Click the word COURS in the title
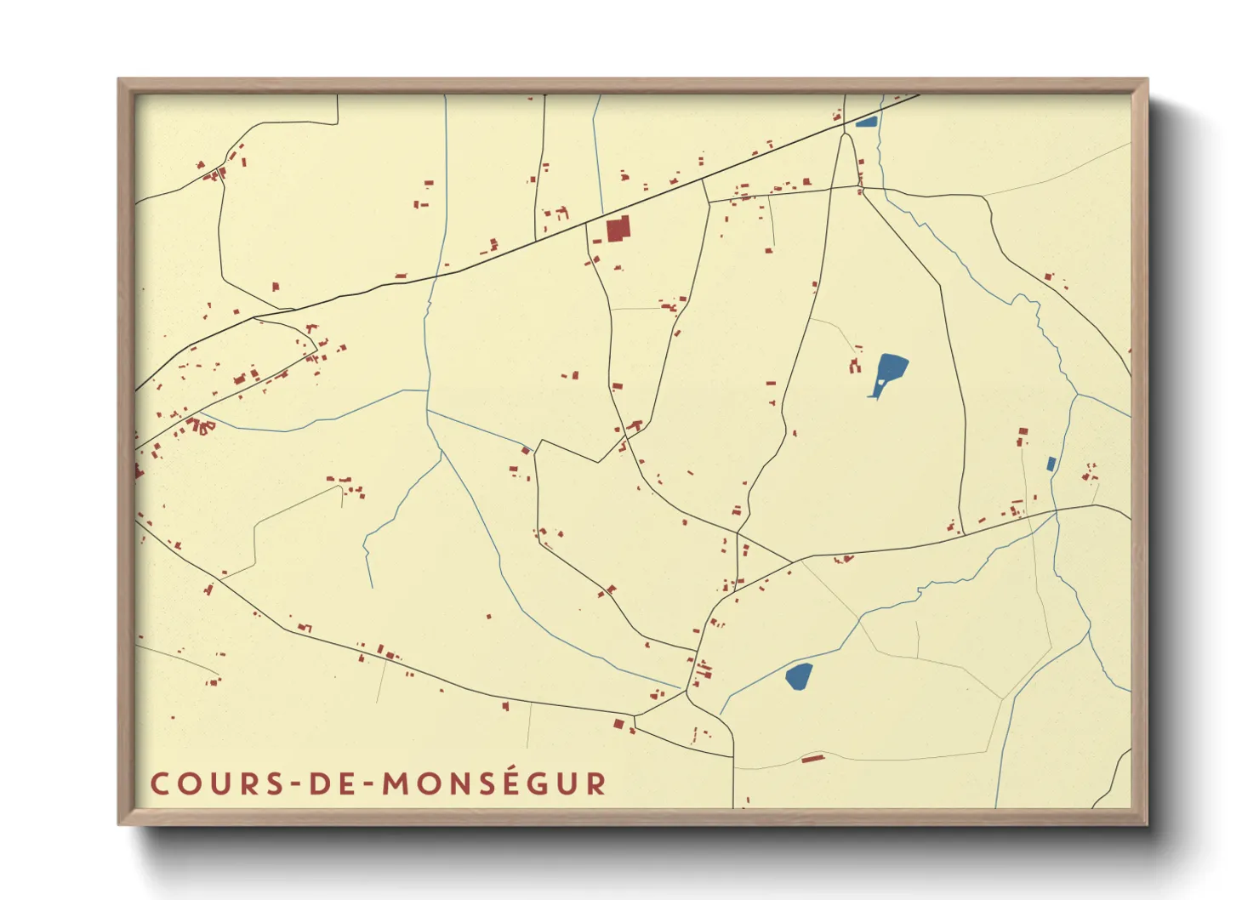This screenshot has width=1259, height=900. click(209, 784)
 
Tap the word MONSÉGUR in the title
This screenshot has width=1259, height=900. click(494, 784)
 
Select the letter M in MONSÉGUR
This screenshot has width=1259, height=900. click(396, 784)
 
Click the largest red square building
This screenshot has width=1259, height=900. click(618, 229)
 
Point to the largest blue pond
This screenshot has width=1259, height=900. click(890, 373)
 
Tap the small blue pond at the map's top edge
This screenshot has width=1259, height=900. click(866, 122)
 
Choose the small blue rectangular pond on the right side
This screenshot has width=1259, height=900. click(1051, 464)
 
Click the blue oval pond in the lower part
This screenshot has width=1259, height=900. click(799, 677)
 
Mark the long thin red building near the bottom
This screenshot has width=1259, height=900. click(813, 758)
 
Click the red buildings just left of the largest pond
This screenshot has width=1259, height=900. click(855, 366)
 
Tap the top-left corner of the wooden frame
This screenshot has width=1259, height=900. click(119, 80)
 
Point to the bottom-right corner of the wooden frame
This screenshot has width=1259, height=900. click(1147, 823)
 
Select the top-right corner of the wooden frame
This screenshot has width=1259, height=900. click(1147, 80)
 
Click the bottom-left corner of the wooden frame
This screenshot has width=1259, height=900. click(119, 823)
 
